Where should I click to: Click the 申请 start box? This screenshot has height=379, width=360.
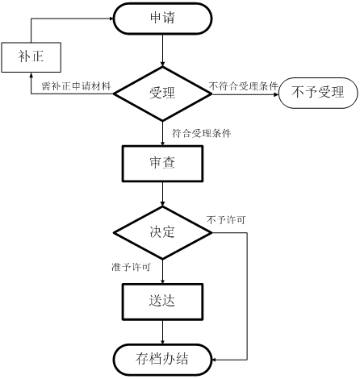[162, 19]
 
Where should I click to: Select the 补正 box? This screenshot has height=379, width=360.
[31, 57]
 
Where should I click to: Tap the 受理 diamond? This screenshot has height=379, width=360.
[162, 94]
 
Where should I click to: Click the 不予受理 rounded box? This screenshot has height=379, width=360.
[318, 93]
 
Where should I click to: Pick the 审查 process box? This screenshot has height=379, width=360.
[162, 164]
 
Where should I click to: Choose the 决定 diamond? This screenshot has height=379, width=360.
[162, 232]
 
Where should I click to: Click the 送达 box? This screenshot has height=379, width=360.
[162, 302]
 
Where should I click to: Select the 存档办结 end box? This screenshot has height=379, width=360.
[162, 360]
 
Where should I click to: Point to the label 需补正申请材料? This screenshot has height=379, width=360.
[77, 86]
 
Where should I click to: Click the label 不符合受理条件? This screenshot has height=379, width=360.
[244, 86]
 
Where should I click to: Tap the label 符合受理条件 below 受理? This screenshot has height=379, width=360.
[202, 133]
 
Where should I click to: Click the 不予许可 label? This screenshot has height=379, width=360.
[226, 220]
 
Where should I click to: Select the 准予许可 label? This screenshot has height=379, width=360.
[131, 267]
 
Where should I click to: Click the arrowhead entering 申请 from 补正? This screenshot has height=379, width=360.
[111, 19]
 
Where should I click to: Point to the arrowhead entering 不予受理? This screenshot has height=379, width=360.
[276, 94]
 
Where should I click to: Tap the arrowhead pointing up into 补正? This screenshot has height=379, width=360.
[31, 75]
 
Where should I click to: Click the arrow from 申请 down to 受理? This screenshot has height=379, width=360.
[162, 50]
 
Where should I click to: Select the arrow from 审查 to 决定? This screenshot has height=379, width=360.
[162, 194]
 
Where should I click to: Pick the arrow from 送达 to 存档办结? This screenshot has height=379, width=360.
[162, 331]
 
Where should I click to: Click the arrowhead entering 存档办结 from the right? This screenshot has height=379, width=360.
[215, 360]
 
